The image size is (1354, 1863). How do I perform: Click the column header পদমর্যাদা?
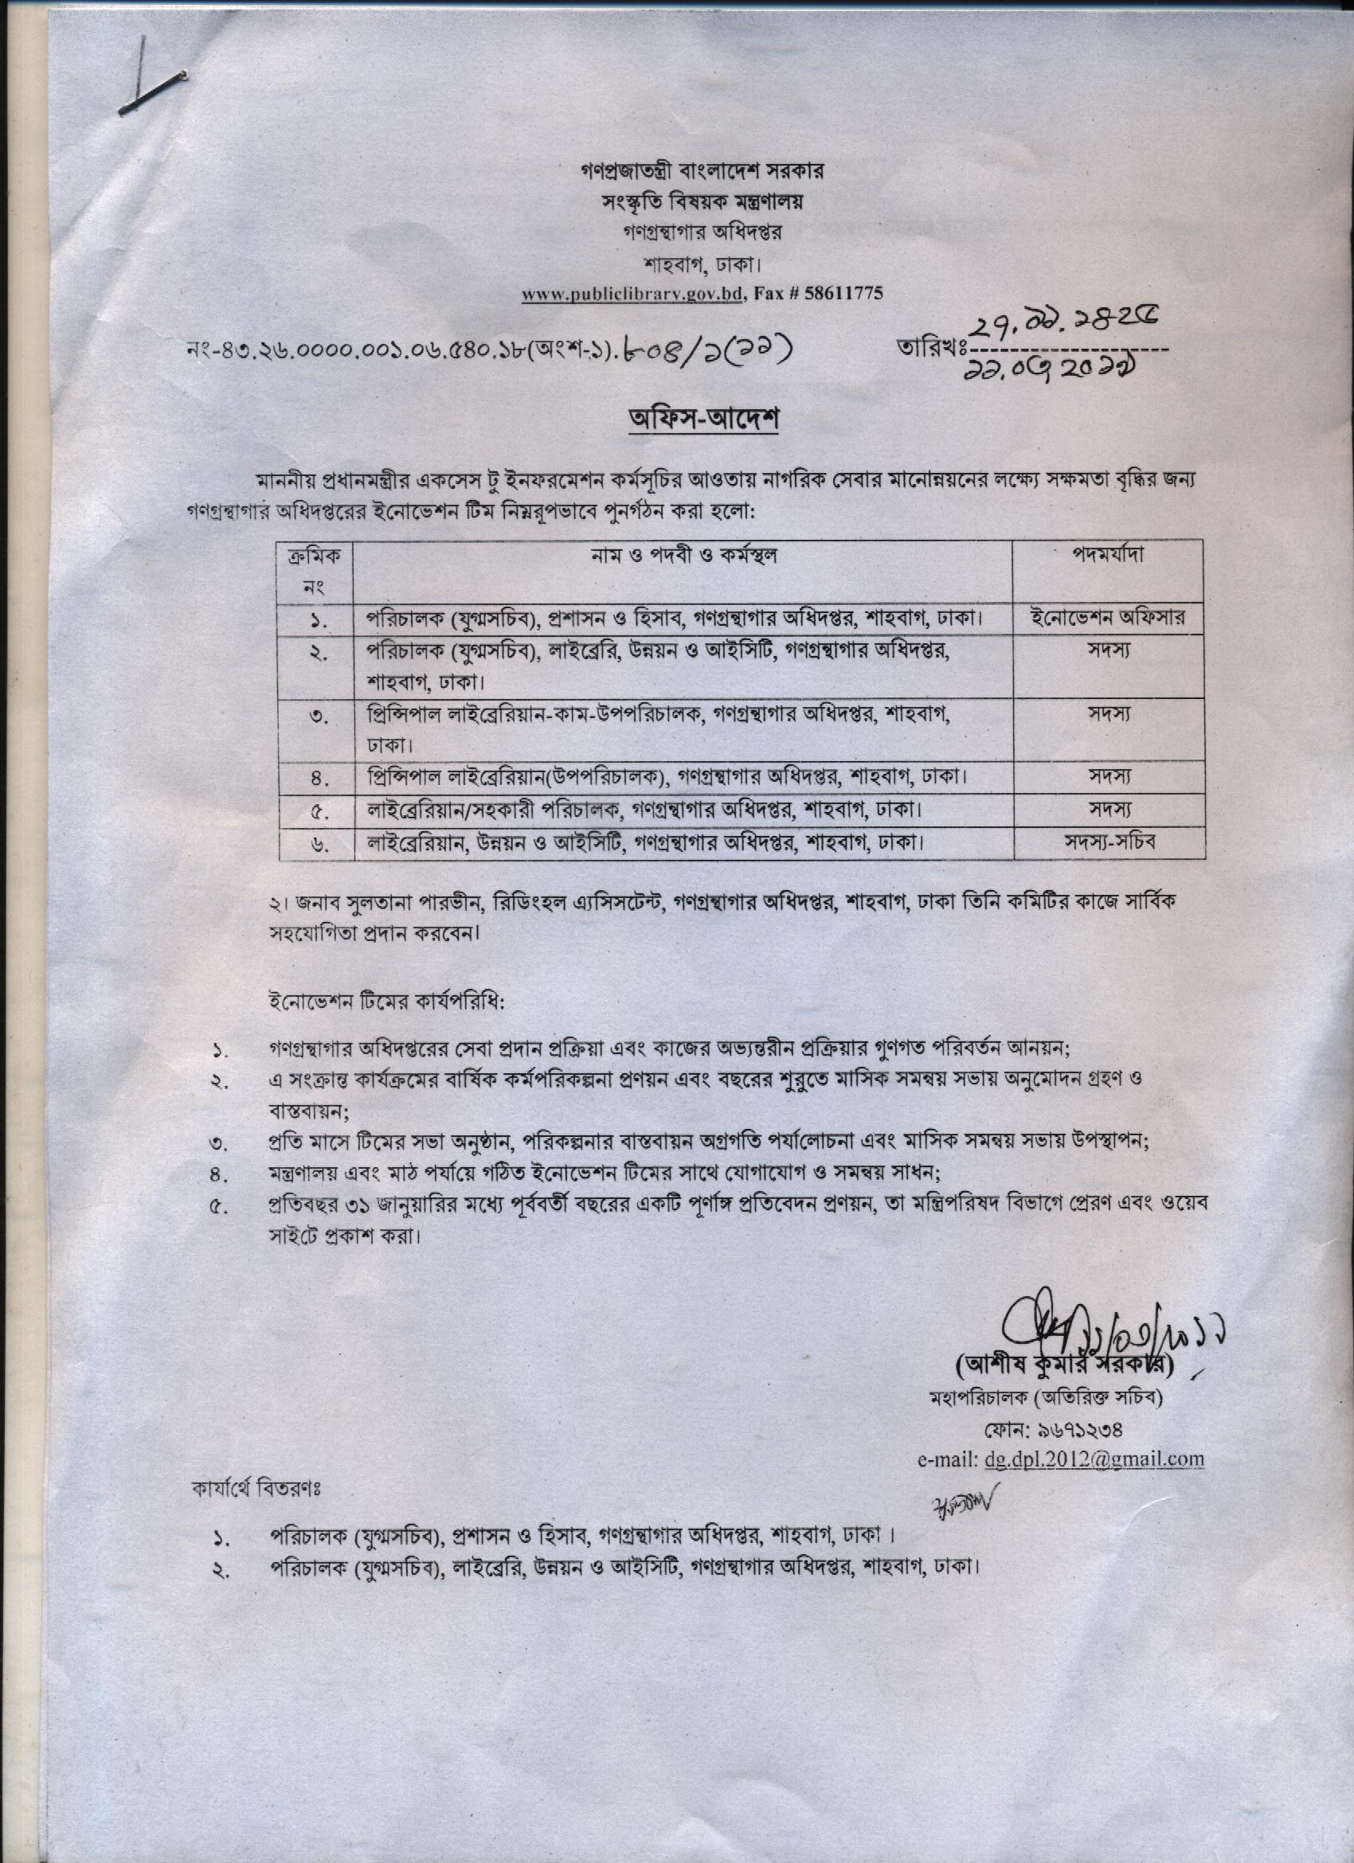(1108, 556)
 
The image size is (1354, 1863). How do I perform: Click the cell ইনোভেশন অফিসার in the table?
(1108, 617)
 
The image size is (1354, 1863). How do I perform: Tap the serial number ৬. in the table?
(319, 845)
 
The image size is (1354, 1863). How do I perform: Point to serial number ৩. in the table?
(319, 717)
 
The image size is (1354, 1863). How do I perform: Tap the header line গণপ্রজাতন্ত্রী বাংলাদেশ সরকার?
(701, 172)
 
